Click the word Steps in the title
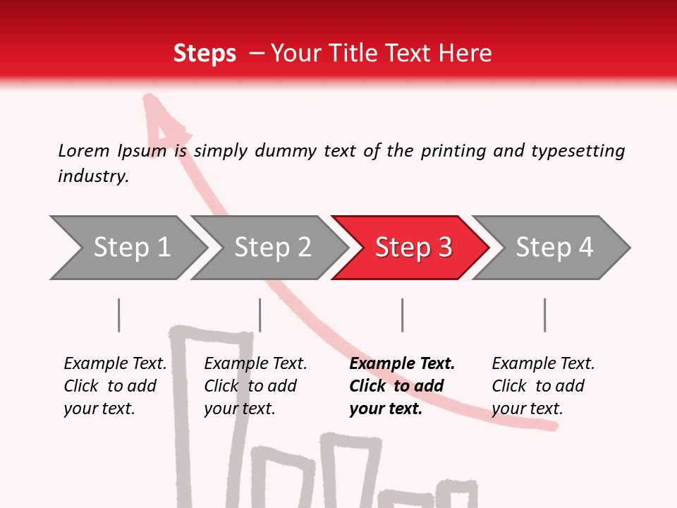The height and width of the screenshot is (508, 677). click(205, 54)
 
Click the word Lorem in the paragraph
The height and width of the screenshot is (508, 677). click(83, 150)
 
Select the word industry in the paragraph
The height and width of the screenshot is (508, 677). click(92, 176)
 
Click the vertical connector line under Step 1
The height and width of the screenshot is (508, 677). click(119, 315)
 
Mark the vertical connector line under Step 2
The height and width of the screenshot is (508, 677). click(260, 315)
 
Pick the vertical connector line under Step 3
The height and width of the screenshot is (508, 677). click(403, 315)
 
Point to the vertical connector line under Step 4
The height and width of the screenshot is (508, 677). click(545, 315)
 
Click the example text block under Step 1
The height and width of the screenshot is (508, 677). click(115, 386)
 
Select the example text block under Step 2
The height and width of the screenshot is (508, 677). click(255, 386)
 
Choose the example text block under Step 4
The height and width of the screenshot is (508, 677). click(543, 386)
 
